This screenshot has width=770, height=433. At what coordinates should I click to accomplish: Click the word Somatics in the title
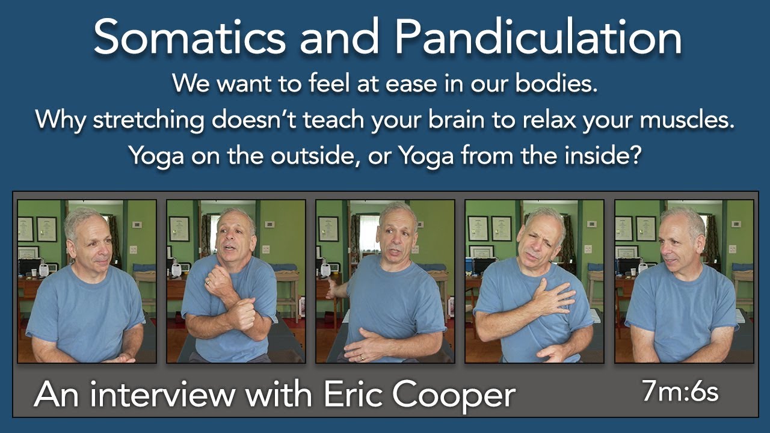click(x=189, y=37)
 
